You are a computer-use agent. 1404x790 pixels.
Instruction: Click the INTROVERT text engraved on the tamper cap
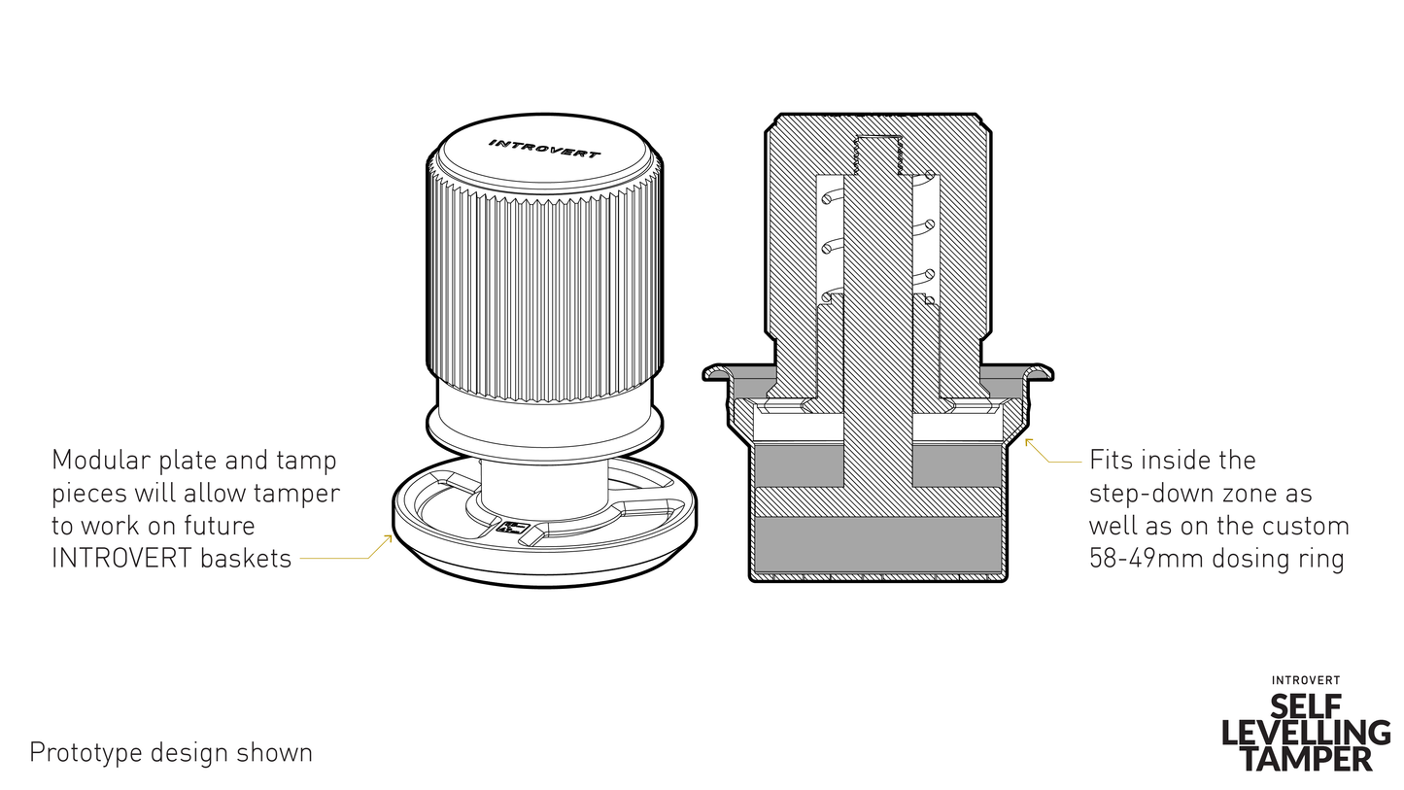(544, 149)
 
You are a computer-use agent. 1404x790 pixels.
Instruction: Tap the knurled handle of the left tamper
(544, 282)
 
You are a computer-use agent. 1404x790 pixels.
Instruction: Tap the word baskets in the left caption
(245, 559)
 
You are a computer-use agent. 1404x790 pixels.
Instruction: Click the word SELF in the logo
(1306, 705)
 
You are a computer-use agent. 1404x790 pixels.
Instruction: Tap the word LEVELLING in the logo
(1306, 732)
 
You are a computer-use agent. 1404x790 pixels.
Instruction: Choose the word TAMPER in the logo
(1306, 758)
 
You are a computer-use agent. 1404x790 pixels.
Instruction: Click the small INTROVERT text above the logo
(1306, 680)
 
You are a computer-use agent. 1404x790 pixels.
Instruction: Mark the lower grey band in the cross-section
(877, 544)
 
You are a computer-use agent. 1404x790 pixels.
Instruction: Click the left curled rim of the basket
(719, 372)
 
